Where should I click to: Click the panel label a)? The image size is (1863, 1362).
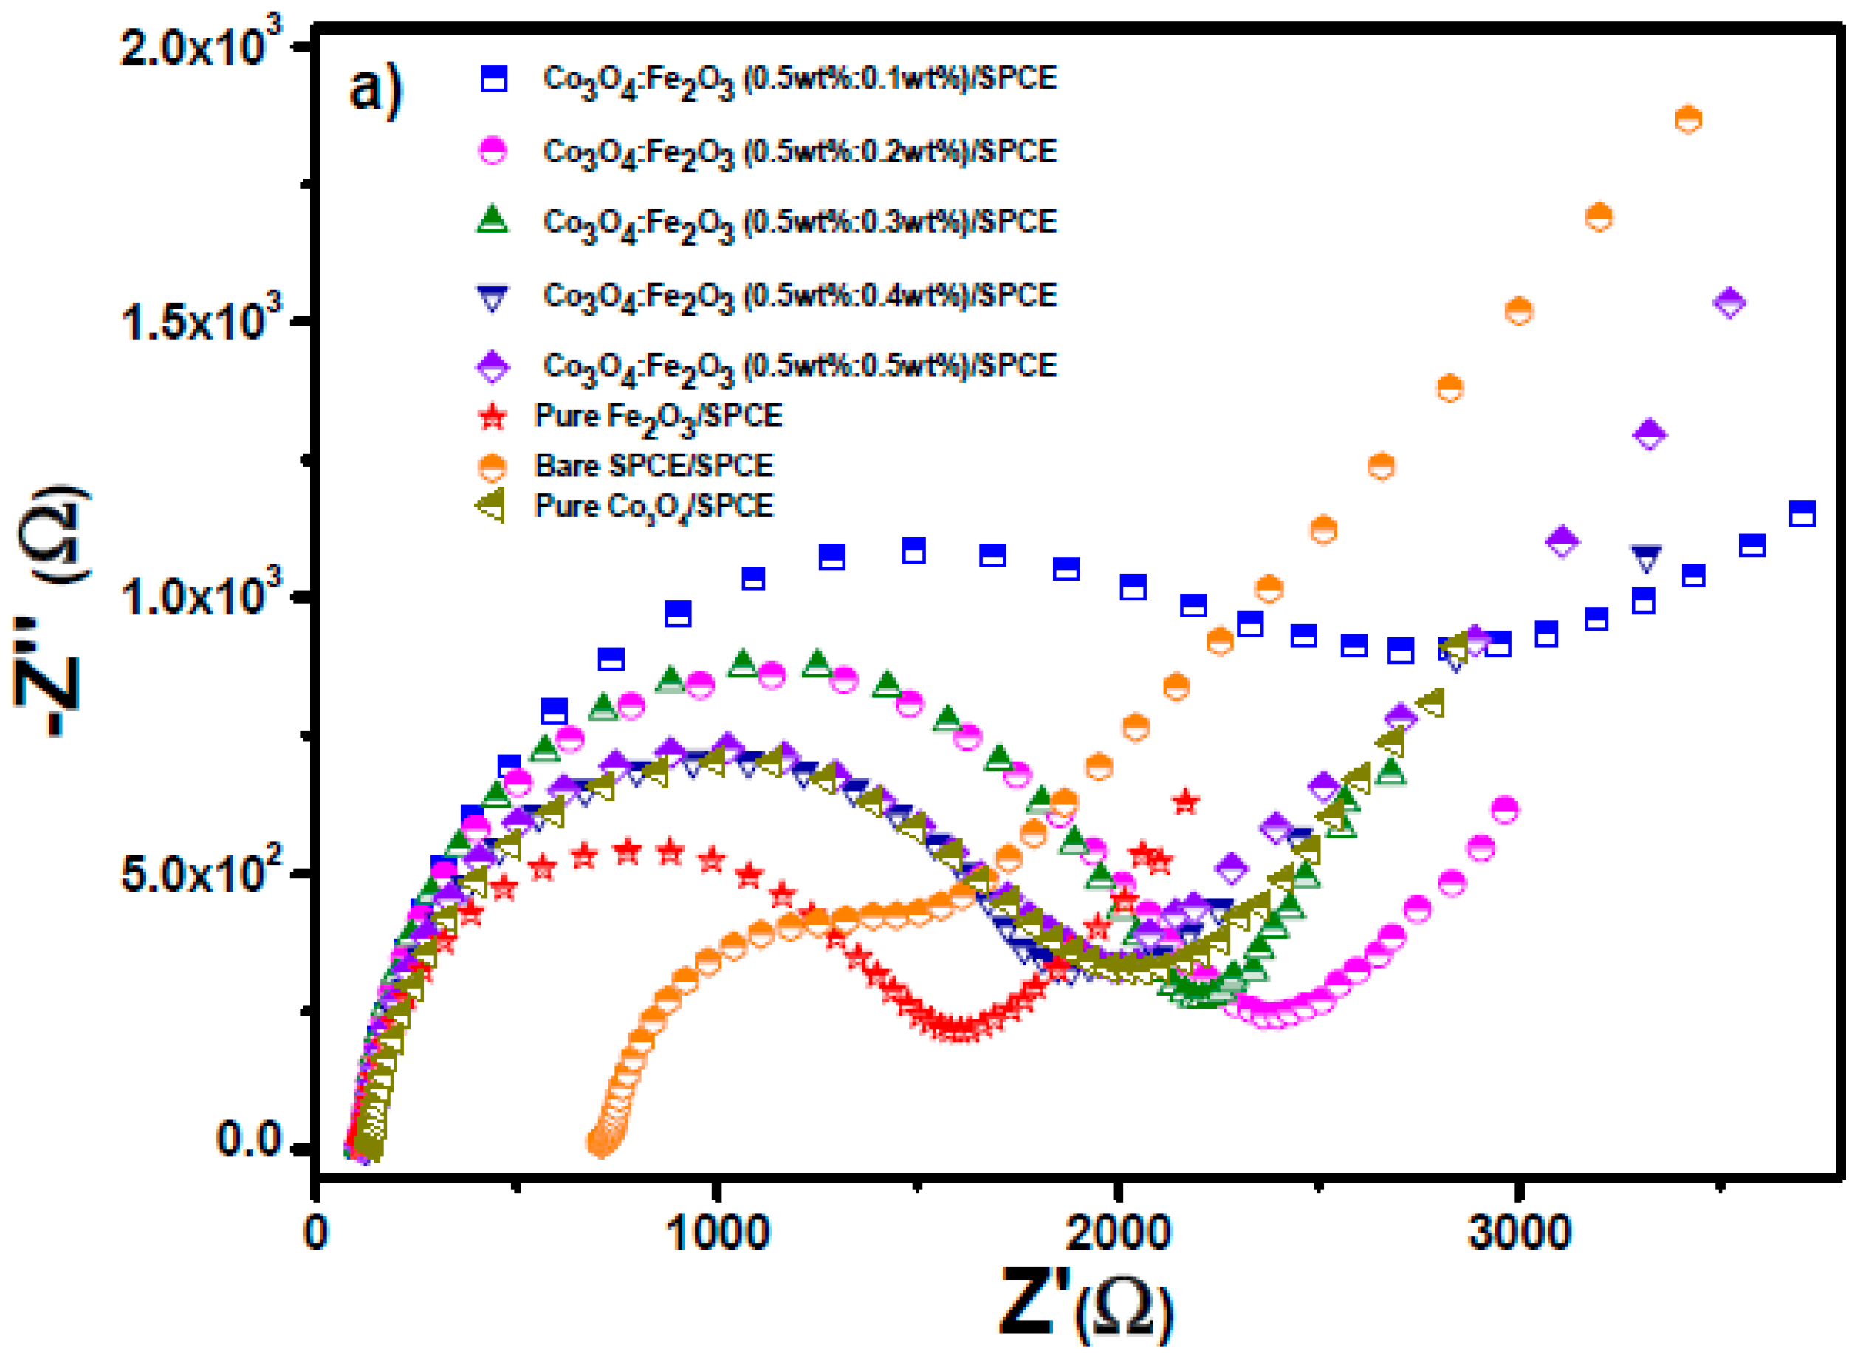click(x=376, y=89)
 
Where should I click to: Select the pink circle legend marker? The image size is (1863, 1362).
click(x=493, y=151)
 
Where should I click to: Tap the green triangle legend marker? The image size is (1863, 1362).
click(x=493, y=220)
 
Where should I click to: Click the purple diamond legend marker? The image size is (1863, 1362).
click(x=493, y=366)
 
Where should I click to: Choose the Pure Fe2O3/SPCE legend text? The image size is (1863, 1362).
click(x=658, y=417)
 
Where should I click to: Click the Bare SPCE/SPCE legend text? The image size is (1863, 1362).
click(x=653, y=466)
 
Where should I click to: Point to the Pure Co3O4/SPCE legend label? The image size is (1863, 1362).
click(x=653, y=506)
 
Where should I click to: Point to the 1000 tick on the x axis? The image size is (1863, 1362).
click(x=717, y=1234)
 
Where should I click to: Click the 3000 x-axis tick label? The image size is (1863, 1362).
click(x=1518, y=1234)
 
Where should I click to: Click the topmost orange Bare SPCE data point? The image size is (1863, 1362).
click(x=1688, y=120)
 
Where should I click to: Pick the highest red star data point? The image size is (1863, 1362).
click(x=1185, y=801)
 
